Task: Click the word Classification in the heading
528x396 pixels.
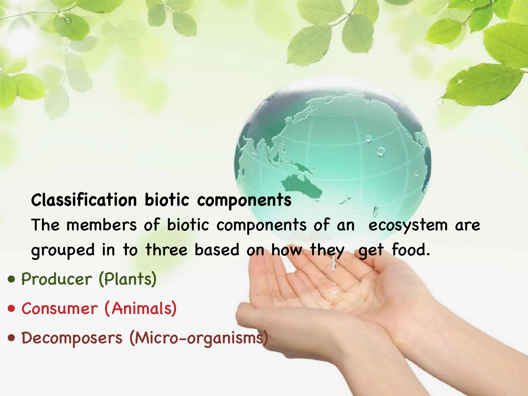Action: [x=84, y=200]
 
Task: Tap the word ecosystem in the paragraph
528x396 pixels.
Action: [x=408, y=225]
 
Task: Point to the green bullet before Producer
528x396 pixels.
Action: [x=12, y=279]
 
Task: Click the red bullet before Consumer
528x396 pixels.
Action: [x=12, y=308]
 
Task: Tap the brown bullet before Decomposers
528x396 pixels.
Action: [x=12, y=338]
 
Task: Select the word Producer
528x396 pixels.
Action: [x=56, y=279]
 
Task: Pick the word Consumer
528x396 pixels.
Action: [x=60, y=308]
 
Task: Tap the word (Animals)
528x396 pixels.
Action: [x=141, y=308]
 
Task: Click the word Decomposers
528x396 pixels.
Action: [x=72, y=338]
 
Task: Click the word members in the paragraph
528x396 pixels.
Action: [x=102, y=225]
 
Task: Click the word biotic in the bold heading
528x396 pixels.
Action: [x=167, y=200]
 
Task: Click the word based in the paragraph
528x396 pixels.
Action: [x=217, y=250]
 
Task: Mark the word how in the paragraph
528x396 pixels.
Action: [x=286, y=250]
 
